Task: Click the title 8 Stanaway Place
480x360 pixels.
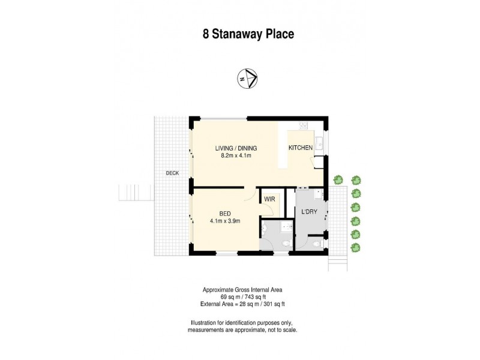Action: [247, 34]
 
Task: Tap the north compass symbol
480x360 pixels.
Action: [247, 79]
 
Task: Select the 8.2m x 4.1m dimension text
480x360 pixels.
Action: [236, 156]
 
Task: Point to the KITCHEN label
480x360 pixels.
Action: [301, 148]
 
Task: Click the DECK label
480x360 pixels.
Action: [173, 173]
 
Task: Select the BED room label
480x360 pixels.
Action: [225, 213]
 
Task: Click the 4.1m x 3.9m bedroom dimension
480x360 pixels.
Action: [225, 221]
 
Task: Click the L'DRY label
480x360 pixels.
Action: [310, 212]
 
